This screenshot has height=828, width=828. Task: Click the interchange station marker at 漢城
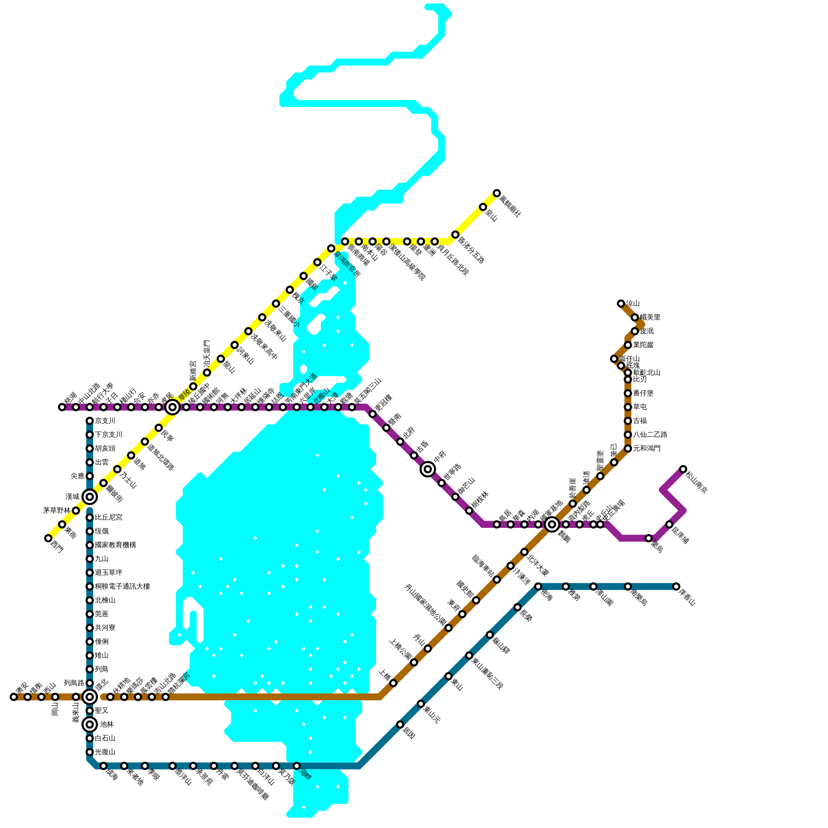[90, 497]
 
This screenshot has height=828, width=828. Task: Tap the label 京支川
[105, 421]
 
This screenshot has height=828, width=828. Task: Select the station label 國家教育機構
[115, 545]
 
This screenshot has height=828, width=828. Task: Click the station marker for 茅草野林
[76, 511]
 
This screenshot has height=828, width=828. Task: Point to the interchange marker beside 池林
[90, 724]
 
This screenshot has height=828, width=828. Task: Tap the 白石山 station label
[105, 738]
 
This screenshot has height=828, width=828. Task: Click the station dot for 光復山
[90, 752]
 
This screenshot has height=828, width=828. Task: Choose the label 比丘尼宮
[109, 517]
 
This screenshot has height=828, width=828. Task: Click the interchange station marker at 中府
[427, 469]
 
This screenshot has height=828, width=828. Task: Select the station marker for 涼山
[620, 303]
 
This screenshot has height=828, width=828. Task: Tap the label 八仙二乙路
[650, 435]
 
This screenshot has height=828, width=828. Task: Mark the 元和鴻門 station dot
[628, 449]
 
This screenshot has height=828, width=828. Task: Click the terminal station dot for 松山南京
[683, 469]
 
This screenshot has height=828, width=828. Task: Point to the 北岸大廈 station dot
[524, 552]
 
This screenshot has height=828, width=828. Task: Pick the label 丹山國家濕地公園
[425, 605]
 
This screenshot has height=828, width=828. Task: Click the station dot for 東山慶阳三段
[469, 656]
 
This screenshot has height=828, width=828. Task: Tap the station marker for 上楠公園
[414, 662]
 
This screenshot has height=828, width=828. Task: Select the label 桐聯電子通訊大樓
[123, 586]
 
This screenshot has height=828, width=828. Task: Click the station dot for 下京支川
[90, 435]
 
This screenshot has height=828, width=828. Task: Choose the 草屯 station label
[640, 407]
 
